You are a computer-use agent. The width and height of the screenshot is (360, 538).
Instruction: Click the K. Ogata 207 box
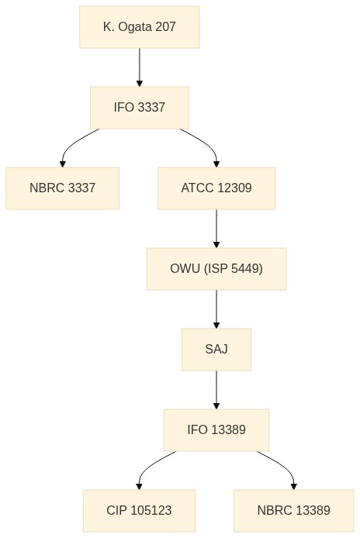tap(140, 27)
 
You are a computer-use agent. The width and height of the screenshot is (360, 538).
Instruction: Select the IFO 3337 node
tap(140, 108)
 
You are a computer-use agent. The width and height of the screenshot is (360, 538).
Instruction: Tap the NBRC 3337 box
tap(63, 188)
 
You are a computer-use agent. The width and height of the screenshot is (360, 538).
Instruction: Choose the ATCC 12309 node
tap(216, 188)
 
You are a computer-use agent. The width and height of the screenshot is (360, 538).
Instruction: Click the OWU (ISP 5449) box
tap(216, 269)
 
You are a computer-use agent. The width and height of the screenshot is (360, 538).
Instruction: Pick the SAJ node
tap(216, 350)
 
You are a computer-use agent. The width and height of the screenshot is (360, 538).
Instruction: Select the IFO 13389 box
tap(216, 430)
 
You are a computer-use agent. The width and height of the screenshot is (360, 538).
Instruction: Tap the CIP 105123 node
tap(139, 511)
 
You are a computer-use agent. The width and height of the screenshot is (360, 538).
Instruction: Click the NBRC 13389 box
tap(294, 511)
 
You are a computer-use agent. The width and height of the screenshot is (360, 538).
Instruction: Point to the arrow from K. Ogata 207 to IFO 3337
tap(140, 67)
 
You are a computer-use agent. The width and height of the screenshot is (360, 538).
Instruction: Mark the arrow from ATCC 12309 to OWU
tap(216, 229)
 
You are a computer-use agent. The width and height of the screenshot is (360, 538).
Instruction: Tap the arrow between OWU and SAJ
tap(216, 309)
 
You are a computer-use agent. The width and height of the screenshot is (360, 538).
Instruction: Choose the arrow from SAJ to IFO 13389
tap(216, 390)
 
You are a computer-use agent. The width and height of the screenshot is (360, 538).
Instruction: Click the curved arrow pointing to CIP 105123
tap(147, 467)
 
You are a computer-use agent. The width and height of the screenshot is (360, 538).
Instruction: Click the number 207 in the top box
tap(165, 27)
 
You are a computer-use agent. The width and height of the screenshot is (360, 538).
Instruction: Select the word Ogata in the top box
tap(134, 27)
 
